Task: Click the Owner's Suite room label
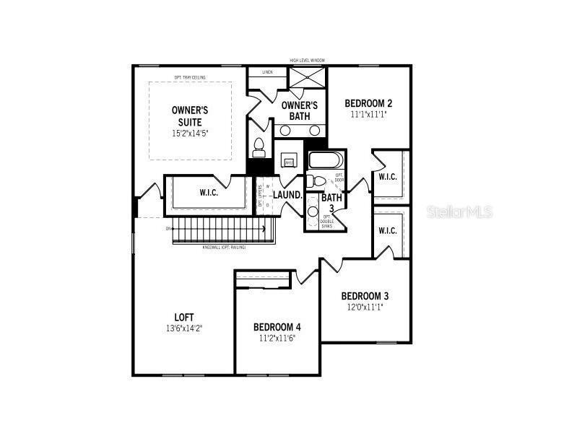tap(190, 115)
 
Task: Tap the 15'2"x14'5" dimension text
tap(190, 134)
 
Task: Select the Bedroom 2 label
tap(368, 103)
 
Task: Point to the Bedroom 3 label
tap(365, 296)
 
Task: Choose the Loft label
tap(184, 317)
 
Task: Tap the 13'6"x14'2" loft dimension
tap(184, 328)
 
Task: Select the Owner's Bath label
tap(300, 110)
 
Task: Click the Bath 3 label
tap(331, 203)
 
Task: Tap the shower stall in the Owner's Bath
tap(308, 77)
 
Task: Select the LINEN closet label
tap(267, 72)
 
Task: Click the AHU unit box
tap(289, 162)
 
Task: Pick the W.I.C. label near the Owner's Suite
tap(209, 193)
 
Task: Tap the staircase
tap(224, 231)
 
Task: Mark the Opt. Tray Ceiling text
tap(190, 77)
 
